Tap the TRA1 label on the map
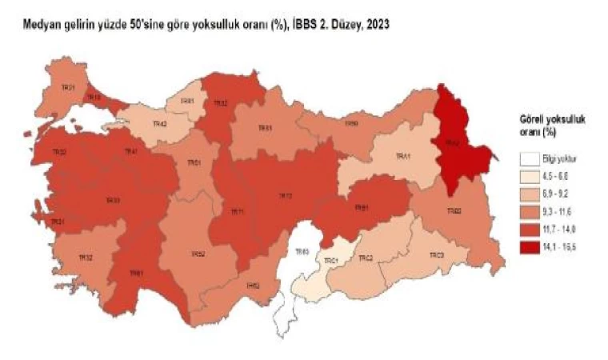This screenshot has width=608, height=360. (x=402, y=158)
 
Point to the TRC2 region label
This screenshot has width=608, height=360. (x=366, y=258)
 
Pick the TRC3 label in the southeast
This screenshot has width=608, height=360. (x=436, y=254)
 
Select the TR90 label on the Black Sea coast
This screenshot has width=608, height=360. (x=350, y=124)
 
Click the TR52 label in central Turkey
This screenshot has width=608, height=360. (x=198, y=254)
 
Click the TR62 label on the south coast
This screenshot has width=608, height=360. (x=253, y=286)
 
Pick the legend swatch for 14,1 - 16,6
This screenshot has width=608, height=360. (x=527, y=244)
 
